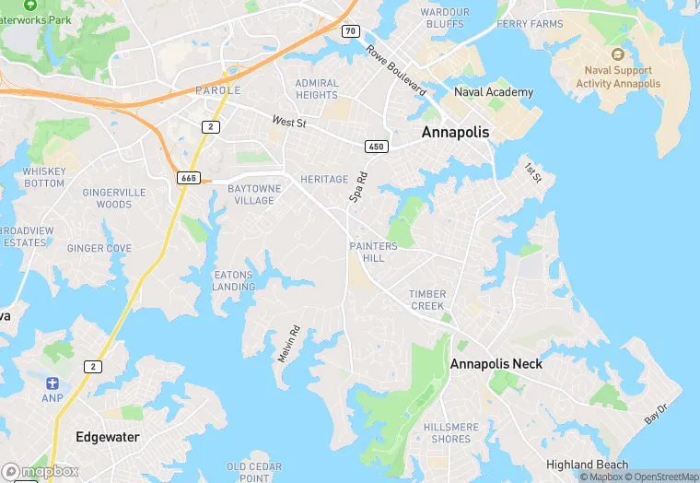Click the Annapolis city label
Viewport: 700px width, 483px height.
tap(455, 133)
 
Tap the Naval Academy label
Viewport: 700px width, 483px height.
tap(493, 92)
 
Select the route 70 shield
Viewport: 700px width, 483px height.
tap(350, 30)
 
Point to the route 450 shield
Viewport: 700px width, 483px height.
tap(375, 146)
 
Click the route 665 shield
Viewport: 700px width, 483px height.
tap(190, 177)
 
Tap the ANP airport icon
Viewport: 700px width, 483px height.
tap(52, 383)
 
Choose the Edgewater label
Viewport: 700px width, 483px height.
tap(107, 437)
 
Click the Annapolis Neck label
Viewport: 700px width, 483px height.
tap(496, 364)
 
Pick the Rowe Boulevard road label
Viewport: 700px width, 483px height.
tap(396, 71)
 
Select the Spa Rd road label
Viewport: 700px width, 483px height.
tap(358, 187)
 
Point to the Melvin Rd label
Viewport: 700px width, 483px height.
tap(289, 344)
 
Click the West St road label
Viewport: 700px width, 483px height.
tap(288, 122)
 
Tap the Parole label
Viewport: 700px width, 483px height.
tap(217, 90)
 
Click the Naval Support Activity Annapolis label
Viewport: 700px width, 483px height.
tap(618, 77)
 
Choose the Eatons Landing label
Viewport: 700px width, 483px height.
tap(234, 280)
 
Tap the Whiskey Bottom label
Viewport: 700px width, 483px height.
tap(43, 177)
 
